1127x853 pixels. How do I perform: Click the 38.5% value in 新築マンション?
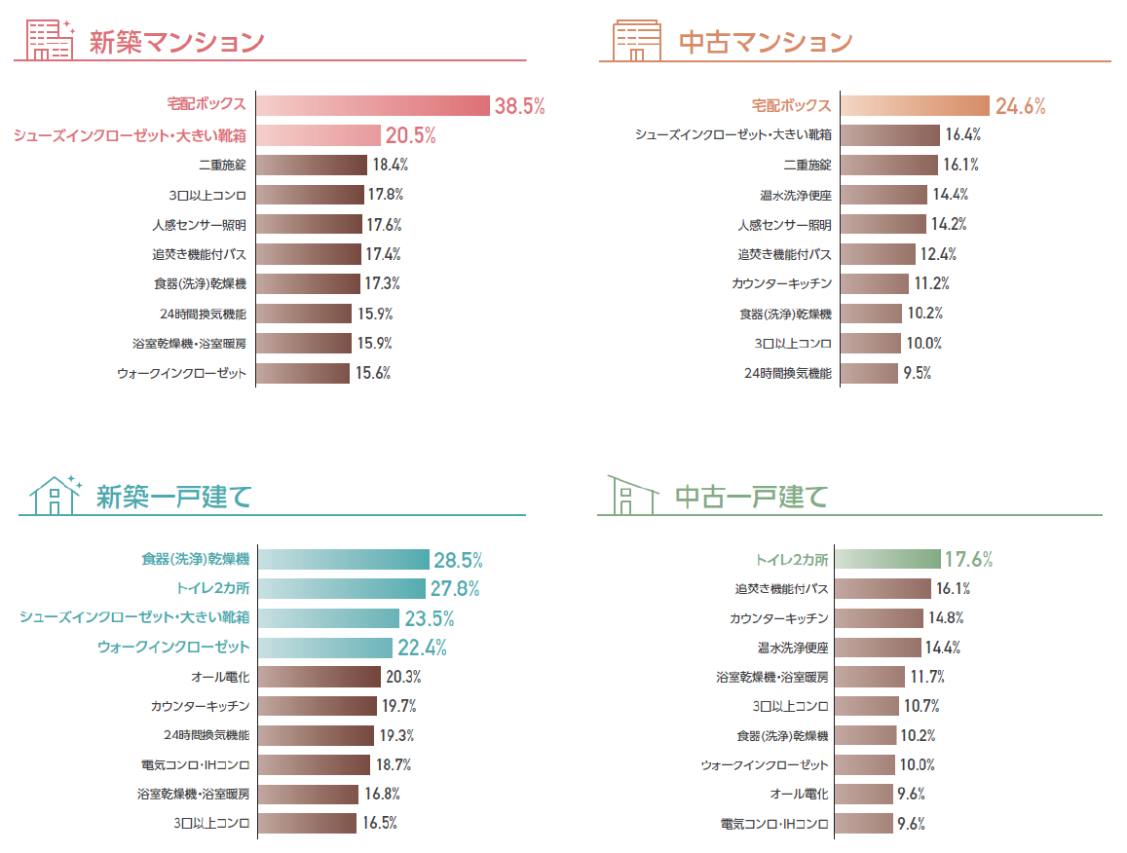tap(519, 106)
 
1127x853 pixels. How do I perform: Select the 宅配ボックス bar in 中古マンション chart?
tap(915, 106)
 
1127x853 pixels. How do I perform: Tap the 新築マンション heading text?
tap(176, 43)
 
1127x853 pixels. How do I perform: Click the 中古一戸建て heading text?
tap(751, 497)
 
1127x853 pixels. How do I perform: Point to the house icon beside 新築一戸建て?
tap(55, 495)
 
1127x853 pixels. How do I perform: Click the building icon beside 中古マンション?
tap(636, 40)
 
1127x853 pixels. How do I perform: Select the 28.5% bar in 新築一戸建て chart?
tap(344, 559)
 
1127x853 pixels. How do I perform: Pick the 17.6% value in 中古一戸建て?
tap(968, 559)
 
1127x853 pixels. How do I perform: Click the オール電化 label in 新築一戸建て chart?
tap(220, 677)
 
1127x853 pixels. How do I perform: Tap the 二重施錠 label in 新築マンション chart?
tap(222, 166)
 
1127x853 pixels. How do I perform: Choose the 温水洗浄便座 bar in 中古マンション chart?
tap(883, 195)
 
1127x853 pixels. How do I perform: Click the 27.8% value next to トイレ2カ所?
tap(457, 588)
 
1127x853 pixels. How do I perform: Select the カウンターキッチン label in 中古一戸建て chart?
tap(779, 618)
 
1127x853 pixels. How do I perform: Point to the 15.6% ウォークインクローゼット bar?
tap(303, 373)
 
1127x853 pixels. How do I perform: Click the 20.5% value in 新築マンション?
tap(410, 135)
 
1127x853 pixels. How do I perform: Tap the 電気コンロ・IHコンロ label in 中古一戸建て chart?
tap(774, 824)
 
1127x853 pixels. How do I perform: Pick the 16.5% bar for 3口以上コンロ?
tap(308, 824)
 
